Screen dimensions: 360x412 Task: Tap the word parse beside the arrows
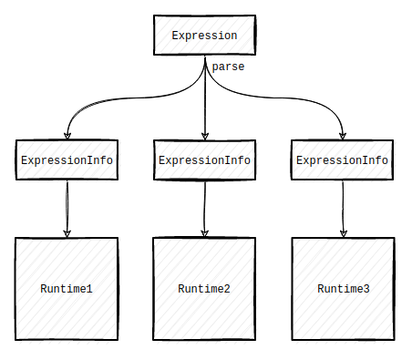click(228, 67)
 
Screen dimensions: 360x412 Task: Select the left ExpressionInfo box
click(67, 160)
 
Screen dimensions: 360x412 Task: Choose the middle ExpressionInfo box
click(205, 160)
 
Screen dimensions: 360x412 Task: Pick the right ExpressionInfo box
click(343, 160)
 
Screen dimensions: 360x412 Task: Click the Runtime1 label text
click(67, 289)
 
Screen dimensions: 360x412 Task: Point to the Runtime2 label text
click(205, 289)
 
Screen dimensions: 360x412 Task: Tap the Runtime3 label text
click(344, 289)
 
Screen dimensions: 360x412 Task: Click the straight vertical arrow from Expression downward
click(205, 100)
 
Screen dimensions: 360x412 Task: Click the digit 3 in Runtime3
click(366, 289)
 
